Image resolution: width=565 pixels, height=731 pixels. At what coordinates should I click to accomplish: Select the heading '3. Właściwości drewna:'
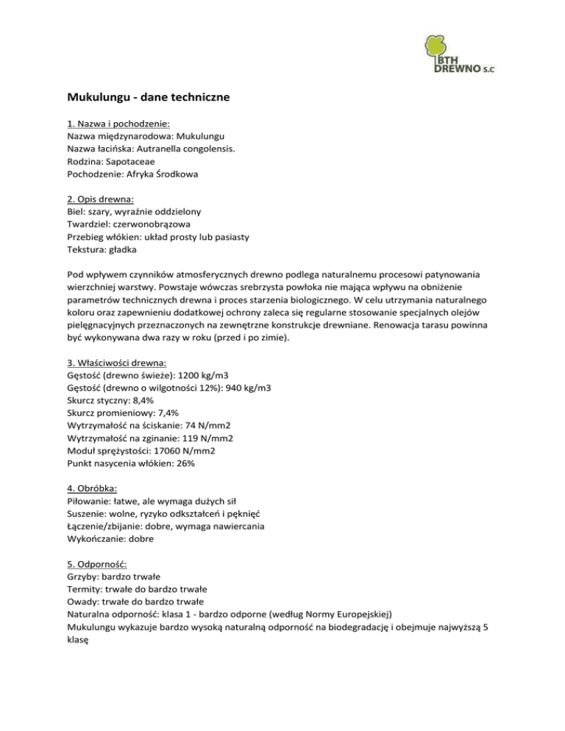tap(116, 363)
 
